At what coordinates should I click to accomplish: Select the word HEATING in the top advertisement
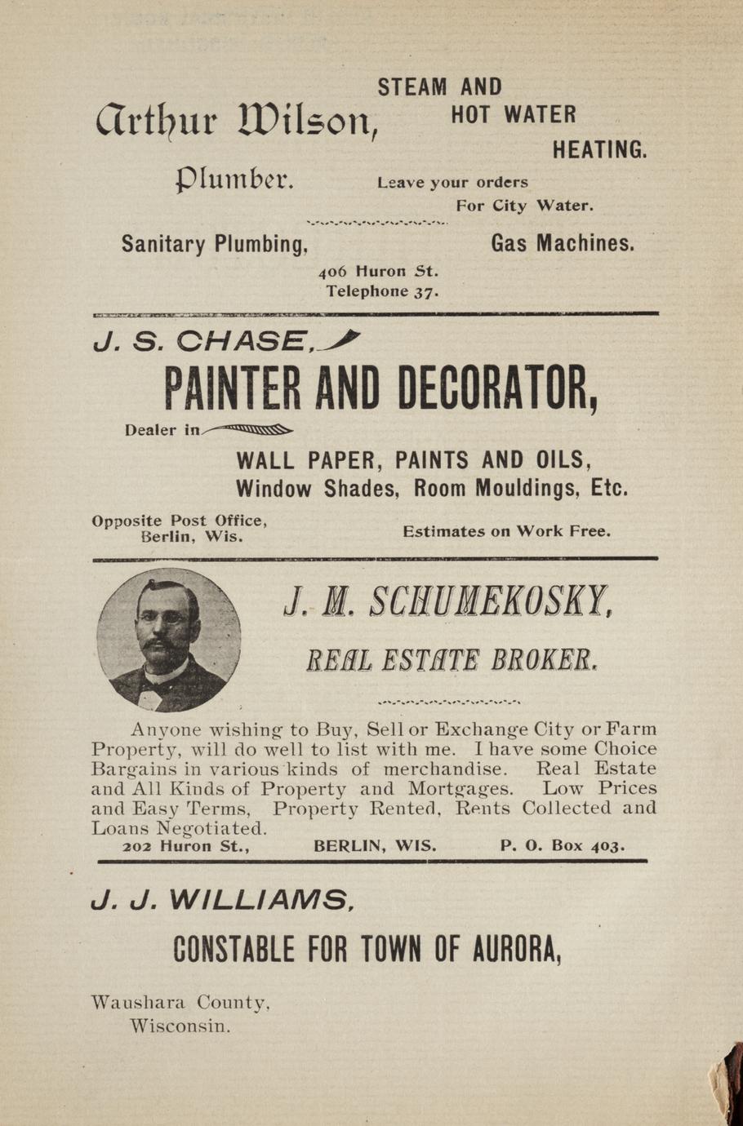pos(599,150)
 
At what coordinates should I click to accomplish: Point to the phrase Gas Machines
pos(563,243)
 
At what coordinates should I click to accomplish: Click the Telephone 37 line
pos(383,291)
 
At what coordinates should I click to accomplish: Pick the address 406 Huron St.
pos(379,271)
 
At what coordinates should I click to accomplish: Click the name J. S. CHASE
pos(200,340)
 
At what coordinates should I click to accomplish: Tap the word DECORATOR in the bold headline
pos(498,389)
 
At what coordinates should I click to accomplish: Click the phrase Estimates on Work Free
pos(506,531)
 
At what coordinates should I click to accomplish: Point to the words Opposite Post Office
pos(180,521)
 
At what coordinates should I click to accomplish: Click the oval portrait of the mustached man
pos(169,639)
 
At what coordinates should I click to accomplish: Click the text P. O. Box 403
pos(563,846)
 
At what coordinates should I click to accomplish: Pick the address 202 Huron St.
pos(185,846)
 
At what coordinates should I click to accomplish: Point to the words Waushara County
pos(180,1002)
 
